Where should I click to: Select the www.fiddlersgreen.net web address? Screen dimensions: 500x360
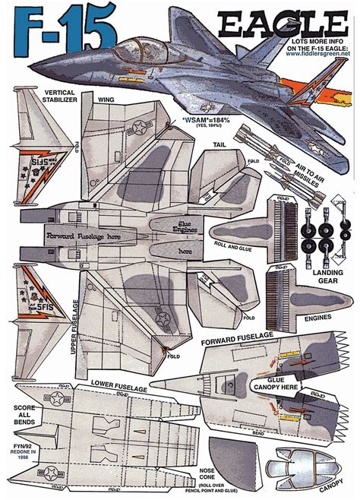pyautogui.click(x=317, y=54)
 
